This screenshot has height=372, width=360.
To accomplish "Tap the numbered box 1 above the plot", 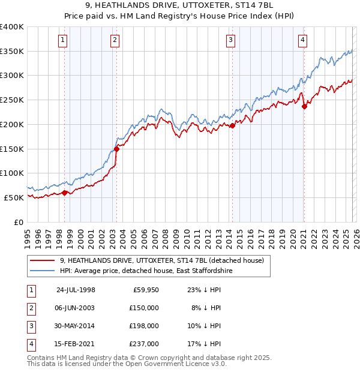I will click(x=63, y=40).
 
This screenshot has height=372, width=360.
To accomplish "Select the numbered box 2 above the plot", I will click(x=115, y=40).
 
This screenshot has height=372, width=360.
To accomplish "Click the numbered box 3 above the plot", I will click(x=230, y=40).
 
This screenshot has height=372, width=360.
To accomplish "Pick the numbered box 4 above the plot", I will click(x=302, y=40).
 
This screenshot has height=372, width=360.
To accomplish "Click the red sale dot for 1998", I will click(x=65, y=193).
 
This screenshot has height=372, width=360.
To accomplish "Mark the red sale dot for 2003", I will click(x=116, y=149).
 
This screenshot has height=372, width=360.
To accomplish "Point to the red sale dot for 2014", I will click(x=232, y=125).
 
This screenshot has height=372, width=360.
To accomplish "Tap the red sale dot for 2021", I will click(x=304, y=107).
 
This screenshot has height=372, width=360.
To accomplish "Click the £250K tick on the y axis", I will click(x=12, y=100).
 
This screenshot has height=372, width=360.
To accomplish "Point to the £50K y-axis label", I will click(x=13, y=197).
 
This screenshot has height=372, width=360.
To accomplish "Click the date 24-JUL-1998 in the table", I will click(x=76, y=290).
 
